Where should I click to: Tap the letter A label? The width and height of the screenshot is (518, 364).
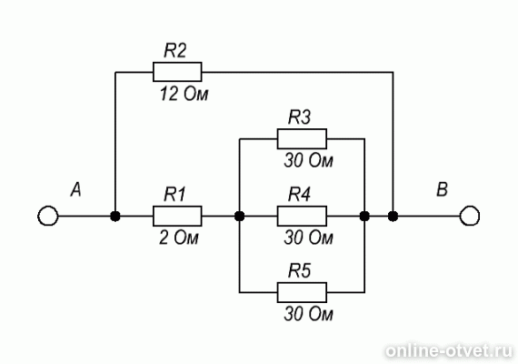(x=76, y=190)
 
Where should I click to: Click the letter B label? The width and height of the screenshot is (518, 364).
(x=442, y=190)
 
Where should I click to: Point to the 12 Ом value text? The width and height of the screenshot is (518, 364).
(x=184, y=95)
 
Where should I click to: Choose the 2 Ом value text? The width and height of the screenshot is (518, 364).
(x=179, y=238)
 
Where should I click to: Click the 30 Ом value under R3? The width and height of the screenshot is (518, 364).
(x=309, y=161)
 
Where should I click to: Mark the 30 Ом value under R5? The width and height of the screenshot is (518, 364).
(x=309, y=314)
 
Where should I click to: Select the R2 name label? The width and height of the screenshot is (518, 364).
(x=175, y=51)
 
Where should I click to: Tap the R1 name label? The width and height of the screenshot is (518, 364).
(x=174, y=194)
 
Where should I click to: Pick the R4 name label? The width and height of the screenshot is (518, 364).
(x=299, y=194)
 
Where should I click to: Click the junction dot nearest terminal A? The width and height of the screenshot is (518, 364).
(x=115, y=216)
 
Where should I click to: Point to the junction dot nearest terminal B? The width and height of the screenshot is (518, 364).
(x=393, y=216)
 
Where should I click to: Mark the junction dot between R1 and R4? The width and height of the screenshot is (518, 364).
(x=240, y=216)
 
